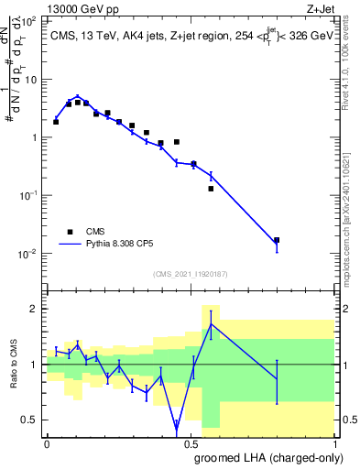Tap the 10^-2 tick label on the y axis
pos(30,254)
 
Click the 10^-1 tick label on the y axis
pos(30,195)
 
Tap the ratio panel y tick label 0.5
pos(30,420)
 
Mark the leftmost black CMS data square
pos(56,122)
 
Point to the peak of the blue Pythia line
pos(78,96)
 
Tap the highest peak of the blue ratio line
pos(212,323)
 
